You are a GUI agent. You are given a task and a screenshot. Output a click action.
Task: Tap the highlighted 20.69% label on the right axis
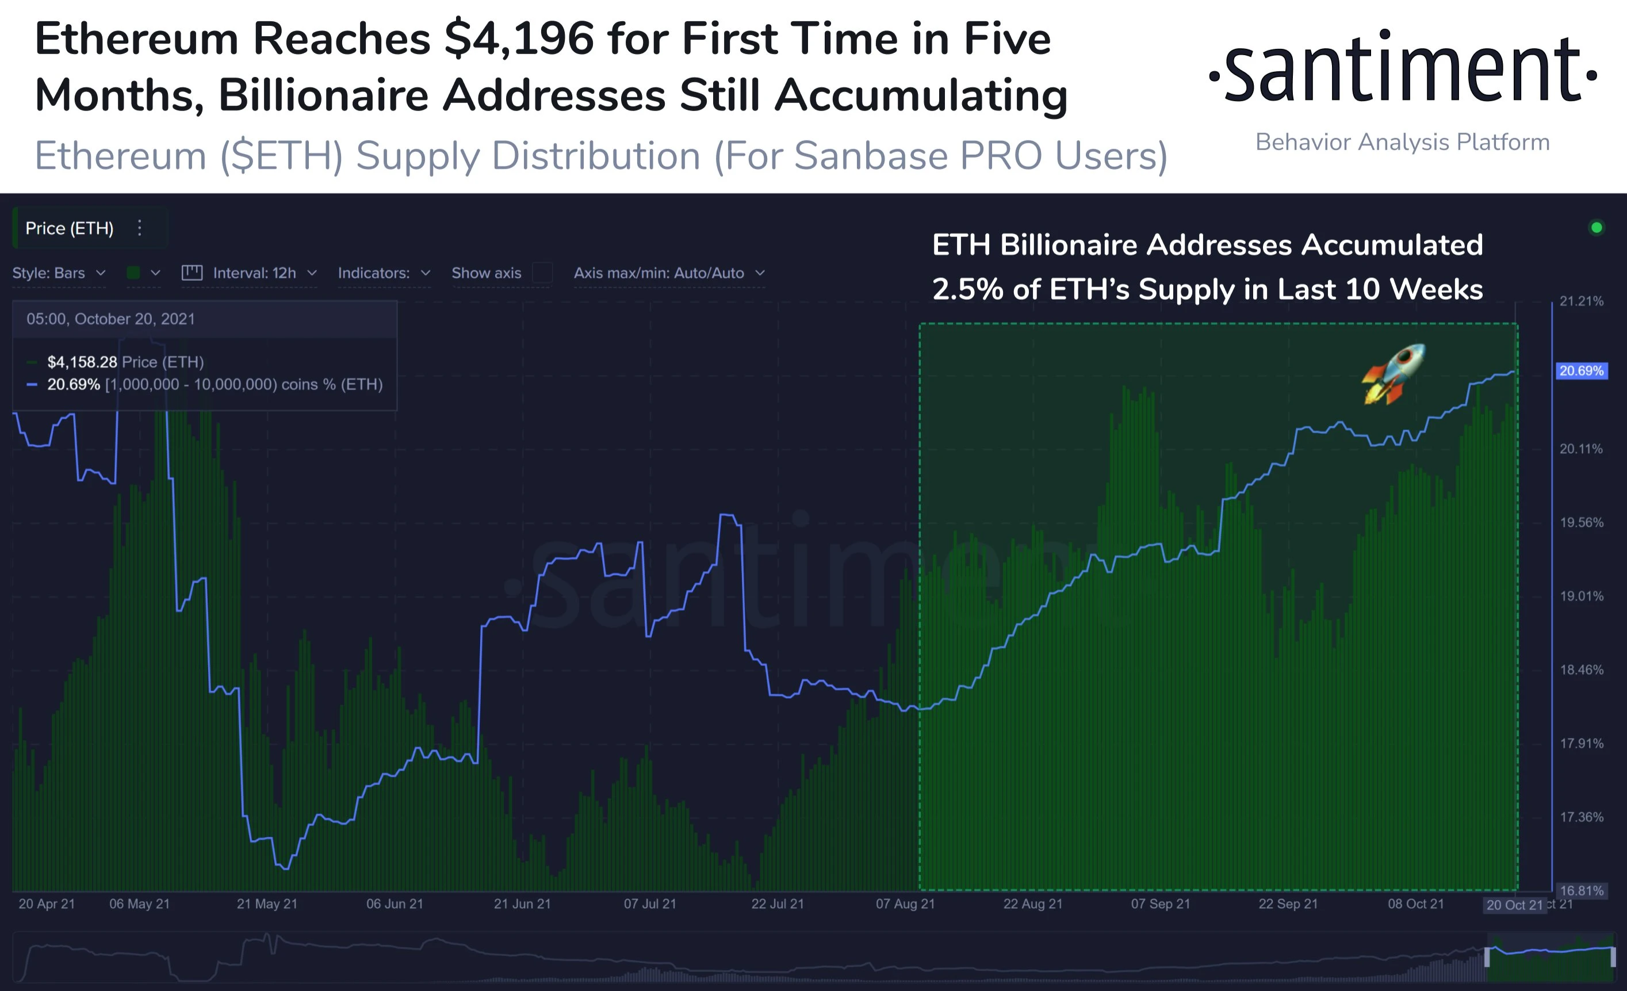point(1581,371)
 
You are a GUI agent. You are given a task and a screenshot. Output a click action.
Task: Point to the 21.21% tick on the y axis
point(1581,301)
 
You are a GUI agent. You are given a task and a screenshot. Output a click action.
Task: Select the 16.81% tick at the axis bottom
point(1581,891)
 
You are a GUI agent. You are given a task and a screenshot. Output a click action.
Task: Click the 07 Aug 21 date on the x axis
point(905,904)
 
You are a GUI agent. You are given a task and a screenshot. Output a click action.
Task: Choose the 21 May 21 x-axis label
point(267,904)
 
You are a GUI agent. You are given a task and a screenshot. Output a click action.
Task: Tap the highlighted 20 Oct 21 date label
point(1514,905)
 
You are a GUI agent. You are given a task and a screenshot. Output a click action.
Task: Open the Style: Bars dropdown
point(59,273)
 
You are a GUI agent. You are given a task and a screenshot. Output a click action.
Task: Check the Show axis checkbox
point(542,273)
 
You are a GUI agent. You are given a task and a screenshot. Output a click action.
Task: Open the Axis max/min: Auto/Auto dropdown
point(669,273)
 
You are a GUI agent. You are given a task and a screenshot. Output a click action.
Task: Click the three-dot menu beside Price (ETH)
point(139,228)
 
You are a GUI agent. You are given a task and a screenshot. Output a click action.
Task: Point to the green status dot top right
point(1597,228)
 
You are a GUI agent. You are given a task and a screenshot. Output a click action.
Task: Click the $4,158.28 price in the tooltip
point(82,362)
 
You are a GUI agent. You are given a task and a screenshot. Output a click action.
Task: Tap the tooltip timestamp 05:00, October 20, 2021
point(111,319)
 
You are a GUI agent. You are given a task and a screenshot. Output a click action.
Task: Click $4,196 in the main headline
point(519,39)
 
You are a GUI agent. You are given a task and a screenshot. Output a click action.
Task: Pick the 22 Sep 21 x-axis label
point(1288,904)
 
